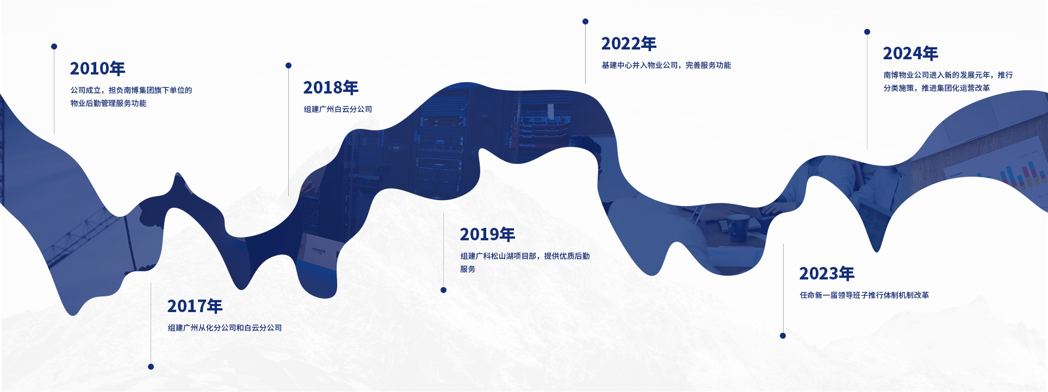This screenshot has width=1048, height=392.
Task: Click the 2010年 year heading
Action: coord(97,69)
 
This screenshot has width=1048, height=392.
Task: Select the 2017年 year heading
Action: coord(195,306)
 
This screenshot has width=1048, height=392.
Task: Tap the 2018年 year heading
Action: coord(331,88)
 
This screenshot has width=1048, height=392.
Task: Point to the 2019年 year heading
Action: coord(487,234)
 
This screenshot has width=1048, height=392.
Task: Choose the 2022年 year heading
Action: coord(629,43)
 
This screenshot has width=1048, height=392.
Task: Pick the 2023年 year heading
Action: coord(827,273)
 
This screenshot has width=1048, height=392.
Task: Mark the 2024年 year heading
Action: coord(910,53)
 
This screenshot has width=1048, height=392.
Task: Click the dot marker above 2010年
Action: coord(54,46)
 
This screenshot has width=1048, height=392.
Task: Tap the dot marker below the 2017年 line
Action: coord(151,366)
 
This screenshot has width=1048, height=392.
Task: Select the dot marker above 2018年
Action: coord(288,65)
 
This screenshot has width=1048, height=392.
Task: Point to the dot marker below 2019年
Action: coord(443,290)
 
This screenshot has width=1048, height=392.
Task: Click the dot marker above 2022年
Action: coord(585,21)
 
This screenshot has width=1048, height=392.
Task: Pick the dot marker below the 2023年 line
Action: coord(783,335)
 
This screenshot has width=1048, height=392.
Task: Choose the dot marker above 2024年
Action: coord(867,32)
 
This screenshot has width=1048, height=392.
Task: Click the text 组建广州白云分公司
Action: coord(338,109)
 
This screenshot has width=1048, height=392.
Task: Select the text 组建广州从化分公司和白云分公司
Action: coord(225,328)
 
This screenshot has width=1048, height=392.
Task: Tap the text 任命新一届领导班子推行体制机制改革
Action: coord(864,295)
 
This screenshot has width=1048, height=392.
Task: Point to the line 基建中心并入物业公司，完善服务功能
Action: coord(666,65)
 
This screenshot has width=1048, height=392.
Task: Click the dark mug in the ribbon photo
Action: coord(738,227)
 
